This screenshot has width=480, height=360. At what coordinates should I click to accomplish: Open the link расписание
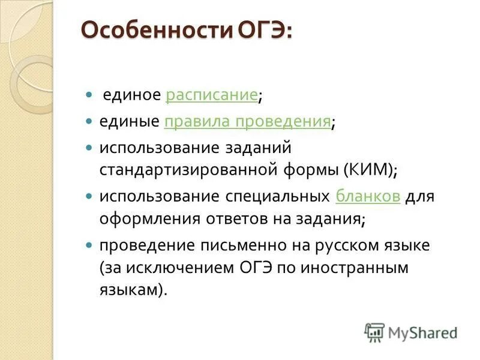click(212, 95)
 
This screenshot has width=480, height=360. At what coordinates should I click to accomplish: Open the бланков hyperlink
click(368, 196)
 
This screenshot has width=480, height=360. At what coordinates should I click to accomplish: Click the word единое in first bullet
click(131, 95)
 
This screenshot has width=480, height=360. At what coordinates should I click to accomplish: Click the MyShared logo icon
click(374, 332)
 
